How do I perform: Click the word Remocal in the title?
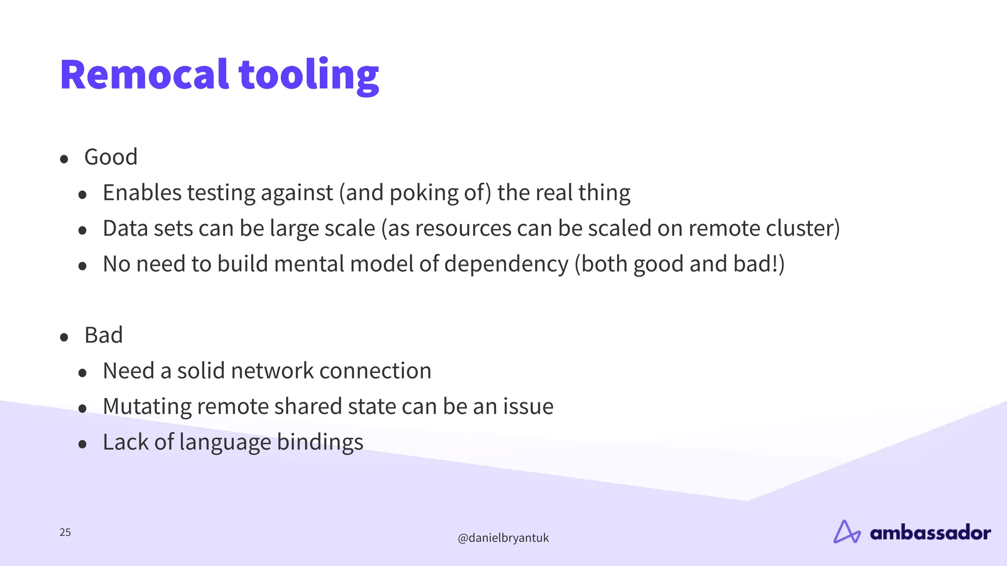(x=144, y=75)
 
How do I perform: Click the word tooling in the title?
(x=309, y=75)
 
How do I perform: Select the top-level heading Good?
(x=111, y=157)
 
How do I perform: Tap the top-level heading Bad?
(x=103, y=336)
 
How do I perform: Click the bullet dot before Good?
(x=64, y=159)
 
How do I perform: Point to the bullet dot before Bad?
(x=64, y=338)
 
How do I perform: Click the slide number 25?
(x=65, y=532)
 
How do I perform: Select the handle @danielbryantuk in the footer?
(x=503, y=538)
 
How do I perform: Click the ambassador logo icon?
(x=847, y=532)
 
